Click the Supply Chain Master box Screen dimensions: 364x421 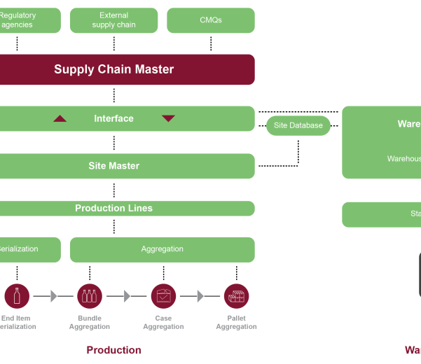114,69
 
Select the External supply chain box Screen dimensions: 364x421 113,20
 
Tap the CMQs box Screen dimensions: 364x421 211,20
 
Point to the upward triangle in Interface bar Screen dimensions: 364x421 60,118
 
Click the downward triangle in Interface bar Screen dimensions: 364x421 168,118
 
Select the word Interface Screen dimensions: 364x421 113,119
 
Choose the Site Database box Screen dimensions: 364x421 298,125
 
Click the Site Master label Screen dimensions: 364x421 113,166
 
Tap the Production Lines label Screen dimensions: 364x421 113,208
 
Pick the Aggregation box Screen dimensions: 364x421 162,249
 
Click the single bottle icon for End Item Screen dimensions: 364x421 17,296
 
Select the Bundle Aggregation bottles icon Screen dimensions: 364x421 89,296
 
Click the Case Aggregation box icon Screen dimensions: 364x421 163,296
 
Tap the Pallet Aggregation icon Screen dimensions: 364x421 236,296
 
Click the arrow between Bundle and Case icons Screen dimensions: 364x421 127,296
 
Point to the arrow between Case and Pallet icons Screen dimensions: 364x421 200,296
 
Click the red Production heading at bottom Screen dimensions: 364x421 113,350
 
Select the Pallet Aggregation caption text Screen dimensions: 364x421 236,322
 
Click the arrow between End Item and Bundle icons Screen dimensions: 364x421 53,296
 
